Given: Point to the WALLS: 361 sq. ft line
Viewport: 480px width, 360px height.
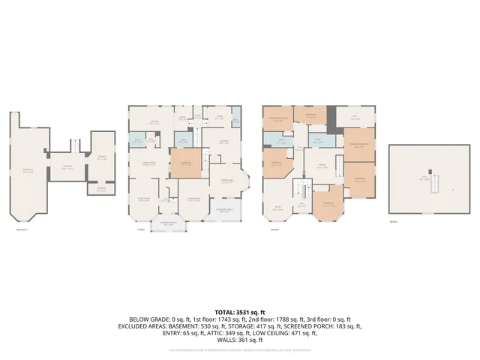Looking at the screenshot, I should pos(240,340).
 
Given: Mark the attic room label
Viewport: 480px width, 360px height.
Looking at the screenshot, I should pos(424,178).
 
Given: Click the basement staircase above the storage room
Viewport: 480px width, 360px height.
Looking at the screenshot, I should pos(76,145).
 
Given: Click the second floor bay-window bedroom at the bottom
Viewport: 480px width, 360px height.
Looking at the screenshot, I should pos(328,205).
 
